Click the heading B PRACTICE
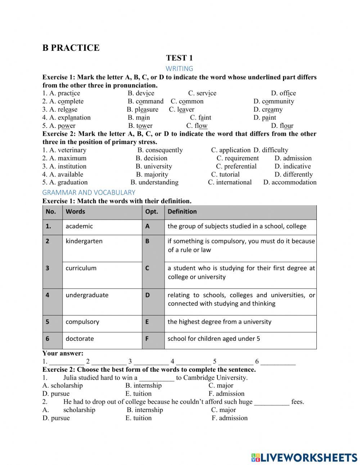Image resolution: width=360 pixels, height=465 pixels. [x=71, y=48]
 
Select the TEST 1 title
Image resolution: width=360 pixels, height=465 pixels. [x=179, y=58]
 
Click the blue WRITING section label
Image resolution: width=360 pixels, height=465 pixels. [x=179, y=68]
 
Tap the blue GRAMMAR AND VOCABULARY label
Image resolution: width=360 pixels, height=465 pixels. [x=89, y=192]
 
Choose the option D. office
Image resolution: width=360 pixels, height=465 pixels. [x=283, y=93]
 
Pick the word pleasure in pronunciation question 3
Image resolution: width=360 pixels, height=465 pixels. [x=146, y=109]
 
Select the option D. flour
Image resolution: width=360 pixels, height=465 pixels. [x=282, y=126]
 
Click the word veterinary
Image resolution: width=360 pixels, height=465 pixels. [x=72, y=150]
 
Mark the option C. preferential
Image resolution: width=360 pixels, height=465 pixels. [x=236, y=166]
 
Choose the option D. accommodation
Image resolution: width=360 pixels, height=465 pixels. [x=290, y=182]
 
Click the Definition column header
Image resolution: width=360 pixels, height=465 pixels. [x=182, y=212]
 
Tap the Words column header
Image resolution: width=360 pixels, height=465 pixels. [x=75, y=212]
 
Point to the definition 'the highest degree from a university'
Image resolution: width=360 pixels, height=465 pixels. [x=219, y=322]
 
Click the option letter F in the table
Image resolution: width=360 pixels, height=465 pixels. [x=147, y=339]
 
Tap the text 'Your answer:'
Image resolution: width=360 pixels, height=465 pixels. [x=63, y=353]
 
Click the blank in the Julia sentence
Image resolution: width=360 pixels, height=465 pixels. [x=157, y=378]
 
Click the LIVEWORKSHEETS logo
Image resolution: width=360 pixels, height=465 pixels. [x=304, y=457]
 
